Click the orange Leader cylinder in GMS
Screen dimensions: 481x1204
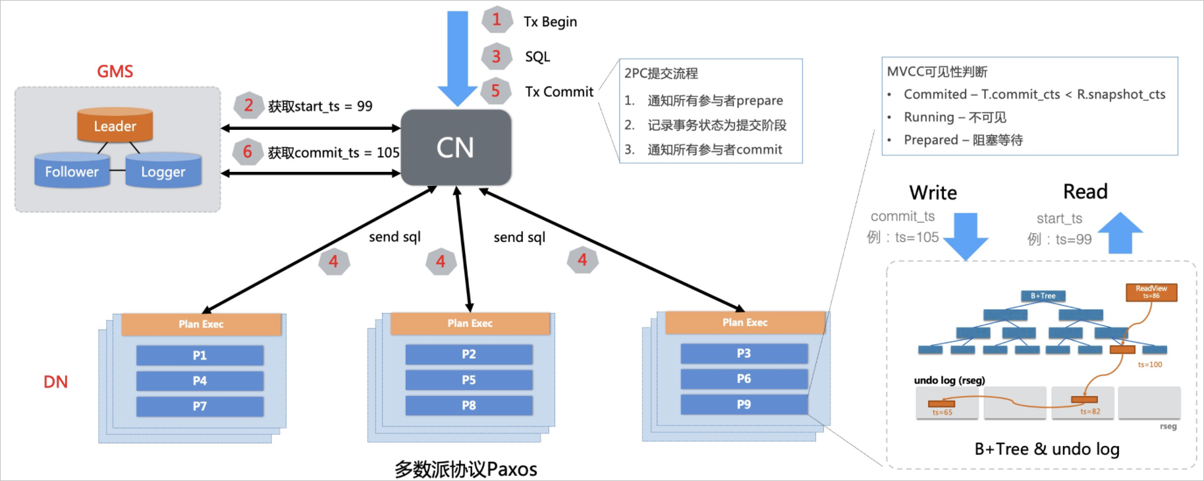(115, 125)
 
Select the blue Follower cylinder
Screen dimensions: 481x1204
(72, 171)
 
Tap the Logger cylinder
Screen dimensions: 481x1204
(163, 171)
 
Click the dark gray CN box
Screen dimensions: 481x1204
(456, 148)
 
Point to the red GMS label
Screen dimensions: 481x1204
(115, 71)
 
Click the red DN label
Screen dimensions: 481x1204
(55, 382)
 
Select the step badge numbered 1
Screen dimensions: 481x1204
(497, 20)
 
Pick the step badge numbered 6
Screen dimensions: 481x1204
(248, 152)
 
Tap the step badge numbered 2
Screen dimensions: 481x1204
(248, 105)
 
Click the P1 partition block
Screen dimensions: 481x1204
(200, 355)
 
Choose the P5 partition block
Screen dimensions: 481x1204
(468, 380)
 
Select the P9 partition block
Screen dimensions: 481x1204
(744, 405)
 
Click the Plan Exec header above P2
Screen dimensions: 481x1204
(470, 324)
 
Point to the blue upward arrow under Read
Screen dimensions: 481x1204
(1120, 233)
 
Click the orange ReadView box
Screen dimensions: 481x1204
(1151, 292)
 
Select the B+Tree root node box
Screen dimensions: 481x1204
(1043, 296)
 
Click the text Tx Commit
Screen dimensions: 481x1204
(559, 92)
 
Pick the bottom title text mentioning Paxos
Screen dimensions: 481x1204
(466, 469)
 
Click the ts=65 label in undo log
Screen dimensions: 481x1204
(942, 412)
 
